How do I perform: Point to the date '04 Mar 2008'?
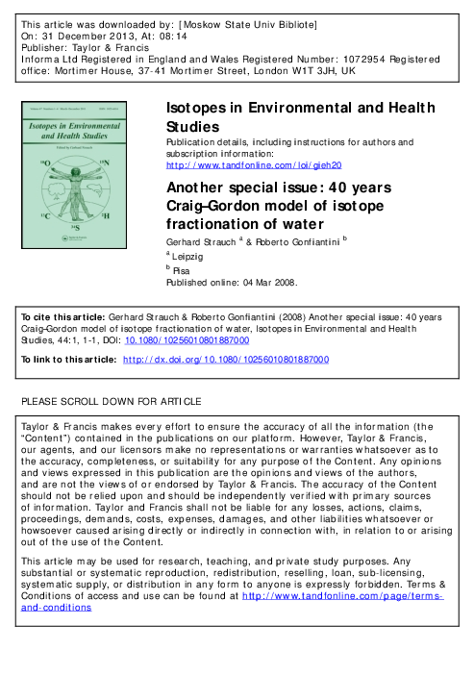pos(265,284)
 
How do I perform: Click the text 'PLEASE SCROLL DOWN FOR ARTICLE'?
pos(112,400)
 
